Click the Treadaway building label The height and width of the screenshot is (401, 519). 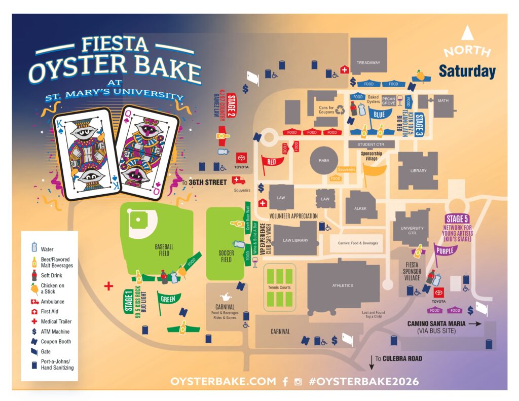368,62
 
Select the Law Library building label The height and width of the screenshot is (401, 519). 295,240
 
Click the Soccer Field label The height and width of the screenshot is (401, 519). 226,256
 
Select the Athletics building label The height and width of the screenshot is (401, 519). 343,285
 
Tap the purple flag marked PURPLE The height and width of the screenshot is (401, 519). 446,250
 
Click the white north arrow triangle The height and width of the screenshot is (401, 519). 466,33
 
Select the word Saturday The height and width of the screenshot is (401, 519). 467,71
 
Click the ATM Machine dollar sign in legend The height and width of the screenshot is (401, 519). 34,332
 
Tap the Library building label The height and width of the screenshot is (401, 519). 418,171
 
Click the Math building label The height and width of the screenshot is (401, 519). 443,100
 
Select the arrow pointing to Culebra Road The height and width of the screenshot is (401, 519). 372,362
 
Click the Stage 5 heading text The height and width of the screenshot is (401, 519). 457,218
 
